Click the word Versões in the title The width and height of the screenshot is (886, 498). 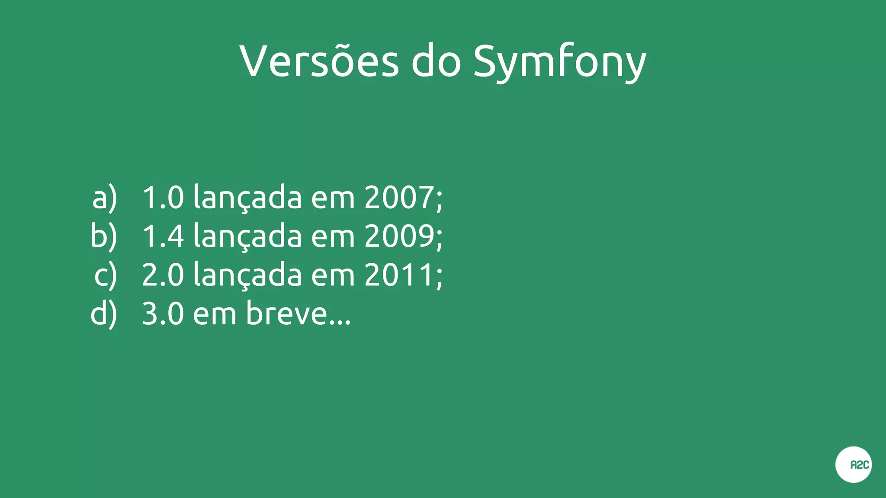(x=319, y=61)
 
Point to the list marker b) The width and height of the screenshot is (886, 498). (x=104, y=236)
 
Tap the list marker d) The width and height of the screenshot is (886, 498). (x=104, y=314)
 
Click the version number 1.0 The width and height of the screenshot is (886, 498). (x=163, y=198)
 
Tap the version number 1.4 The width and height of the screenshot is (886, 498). (x=163, y=236)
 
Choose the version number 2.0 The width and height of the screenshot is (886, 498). (x=163, y=275)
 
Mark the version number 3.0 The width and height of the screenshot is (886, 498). (x=163, y=313)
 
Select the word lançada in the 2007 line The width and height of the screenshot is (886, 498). (x=247, y=198)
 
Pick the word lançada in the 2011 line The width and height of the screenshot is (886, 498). (x=247, y=275)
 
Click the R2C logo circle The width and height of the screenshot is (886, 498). (x=853, y=465)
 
